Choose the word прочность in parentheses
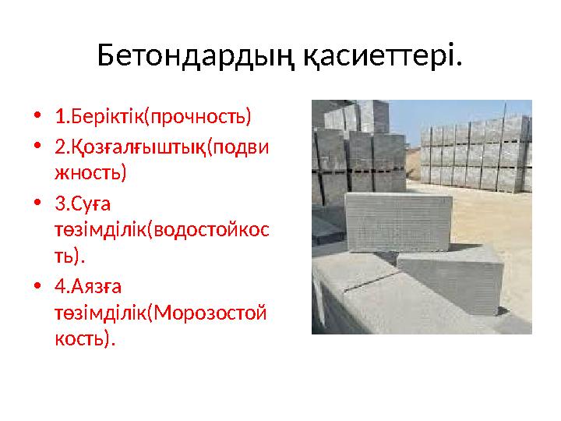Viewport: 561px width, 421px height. click(x=199, y=118)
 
